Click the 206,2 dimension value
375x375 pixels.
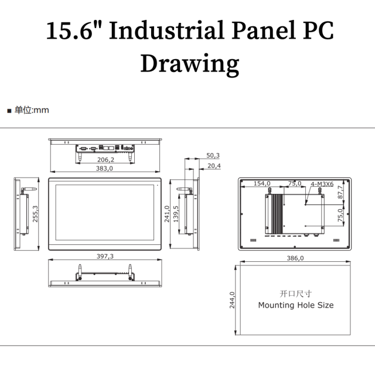105,159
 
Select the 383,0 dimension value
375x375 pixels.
104,168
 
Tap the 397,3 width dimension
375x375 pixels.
105,256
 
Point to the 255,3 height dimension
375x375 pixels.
35,214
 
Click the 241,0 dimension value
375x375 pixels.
167,214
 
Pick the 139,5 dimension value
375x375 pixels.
176,214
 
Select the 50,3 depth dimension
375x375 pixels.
213,155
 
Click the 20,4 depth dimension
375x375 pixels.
214,166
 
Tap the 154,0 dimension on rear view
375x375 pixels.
262,183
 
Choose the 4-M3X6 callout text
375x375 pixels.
322,184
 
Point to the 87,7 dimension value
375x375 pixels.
340,192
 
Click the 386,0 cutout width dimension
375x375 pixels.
295,258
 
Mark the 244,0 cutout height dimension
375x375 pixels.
232,300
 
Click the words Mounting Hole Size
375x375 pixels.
296,305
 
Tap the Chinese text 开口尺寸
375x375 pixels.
295,294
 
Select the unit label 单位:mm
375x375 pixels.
32,110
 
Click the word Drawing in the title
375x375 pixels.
190,64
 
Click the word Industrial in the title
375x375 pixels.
167,30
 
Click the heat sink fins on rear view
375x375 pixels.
277,214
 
